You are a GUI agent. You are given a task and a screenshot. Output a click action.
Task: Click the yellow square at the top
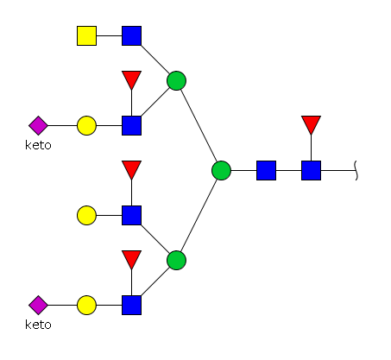pyautogui.click(x=86, y=35)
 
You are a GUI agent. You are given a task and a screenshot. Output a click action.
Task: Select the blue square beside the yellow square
pyautogui.click(x=131, y=35)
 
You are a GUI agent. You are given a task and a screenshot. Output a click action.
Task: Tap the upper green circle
pyautogui.click(x=176, y=80)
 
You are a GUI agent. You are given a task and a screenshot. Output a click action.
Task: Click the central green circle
pyautogui.click(x=221, y=170)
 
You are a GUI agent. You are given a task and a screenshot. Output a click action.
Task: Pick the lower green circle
pyautogui.click(x=176, y=260)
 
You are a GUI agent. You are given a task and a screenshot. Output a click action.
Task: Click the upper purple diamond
pyautogui.click(x=38, y=125)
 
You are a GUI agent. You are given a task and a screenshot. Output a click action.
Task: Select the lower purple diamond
pyautogui.click(x=38, y=305)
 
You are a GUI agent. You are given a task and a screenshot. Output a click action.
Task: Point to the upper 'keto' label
pyautogui.click(x=38, y=145)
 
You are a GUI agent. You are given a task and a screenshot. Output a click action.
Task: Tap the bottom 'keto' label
pyautogui.click(x=38, y=325)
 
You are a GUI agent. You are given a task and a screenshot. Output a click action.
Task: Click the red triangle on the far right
pyautogui.click(x=311, y=123)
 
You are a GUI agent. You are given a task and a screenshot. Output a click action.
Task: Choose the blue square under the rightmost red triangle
pyautogui.click(x=311, y=170)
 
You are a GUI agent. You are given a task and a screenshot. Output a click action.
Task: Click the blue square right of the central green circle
pyautogui.click(x=266, y=170)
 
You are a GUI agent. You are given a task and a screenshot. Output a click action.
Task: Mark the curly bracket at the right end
pyautogui.click(x=356, y=170)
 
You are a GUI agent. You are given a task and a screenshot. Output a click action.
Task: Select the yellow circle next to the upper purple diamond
pyautogui.click(x=86, y=125)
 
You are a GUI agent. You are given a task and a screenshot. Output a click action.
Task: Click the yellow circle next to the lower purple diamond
pyautogui.click(x=86, y=305)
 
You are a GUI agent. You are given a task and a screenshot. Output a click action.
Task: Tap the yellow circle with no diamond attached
pyautogui.click(x=86, y=215)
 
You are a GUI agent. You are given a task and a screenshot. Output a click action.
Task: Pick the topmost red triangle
pyautogui.click(x=131, y=79)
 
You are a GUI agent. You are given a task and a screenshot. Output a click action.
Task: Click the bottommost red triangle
pyautogui.click(x=131, y=258)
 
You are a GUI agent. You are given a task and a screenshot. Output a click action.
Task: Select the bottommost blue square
pyautogui.click(x=131, y=305)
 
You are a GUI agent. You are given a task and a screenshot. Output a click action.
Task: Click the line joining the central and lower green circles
pyautogui.click(x=199, y=215)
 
